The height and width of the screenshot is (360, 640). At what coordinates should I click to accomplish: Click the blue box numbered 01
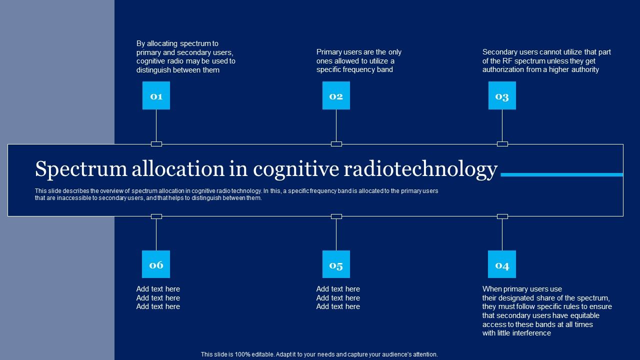point(156,95)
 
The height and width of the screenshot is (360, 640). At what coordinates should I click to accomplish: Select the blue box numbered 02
point(336,95)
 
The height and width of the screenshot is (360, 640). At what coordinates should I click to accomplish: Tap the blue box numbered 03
point(502,95)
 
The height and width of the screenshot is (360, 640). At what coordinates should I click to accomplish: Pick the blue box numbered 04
point(502,264)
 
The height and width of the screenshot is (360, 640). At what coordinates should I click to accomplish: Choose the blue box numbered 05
point(336,264)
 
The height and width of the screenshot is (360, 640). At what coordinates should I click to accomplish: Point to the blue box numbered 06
point(156,264)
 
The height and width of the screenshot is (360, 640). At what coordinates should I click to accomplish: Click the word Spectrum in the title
point(80,170)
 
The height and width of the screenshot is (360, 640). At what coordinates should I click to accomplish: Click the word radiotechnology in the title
point(420,170)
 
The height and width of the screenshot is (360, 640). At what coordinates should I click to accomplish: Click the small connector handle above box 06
point(156,216)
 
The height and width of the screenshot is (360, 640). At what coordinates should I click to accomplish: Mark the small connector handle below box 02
point(336,144)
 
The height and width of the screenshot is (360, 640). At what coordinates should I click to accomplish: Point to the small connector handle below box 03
point(502,144)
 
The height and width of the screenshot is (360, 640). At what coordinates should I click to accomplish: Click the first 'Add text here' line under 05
point(338,289)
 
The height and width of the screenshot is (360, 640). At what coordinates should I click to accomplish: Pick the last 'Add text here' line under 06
point(158,306)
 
